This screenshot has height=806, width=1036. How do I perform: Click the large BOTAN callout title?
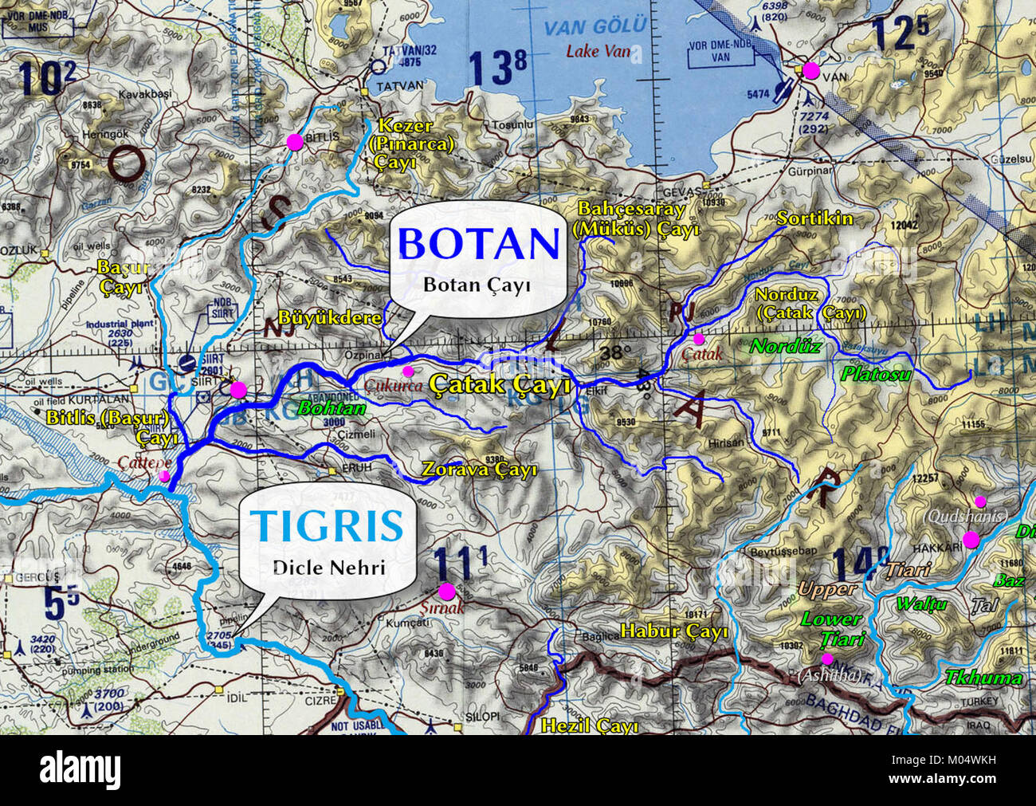478,243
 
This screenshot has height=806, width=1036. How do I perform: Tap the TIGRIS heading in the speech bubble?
328,526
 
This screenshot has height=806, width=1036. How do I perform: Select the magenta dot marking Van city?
810,70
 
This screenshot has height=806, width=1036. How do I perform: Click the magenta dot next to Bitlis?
294,142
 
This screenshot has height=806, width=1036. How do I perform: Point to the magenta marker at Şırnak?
446,591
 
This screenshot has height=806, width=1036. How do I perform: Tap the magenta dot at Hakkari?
970,540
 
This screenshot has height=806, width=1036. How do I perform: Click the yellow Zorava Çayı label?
479,470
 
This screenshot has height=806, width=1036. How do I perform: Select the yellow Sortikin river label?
814,218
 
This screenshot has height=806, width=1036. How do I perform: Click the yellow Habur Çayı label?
674,632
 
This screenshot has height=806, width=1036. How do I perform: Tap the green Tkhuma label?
983,678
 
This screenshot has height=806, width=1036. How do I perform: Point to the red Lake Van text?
598,52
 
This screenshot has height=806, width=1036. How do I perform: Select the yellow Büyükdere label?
330,317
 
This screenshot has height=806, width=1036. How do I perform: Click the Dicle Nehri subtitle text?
328,568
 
